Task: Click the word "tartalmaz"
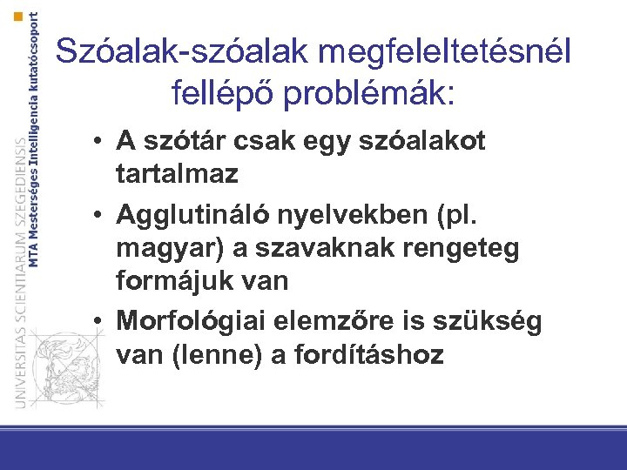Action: (x=177, y=173)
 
